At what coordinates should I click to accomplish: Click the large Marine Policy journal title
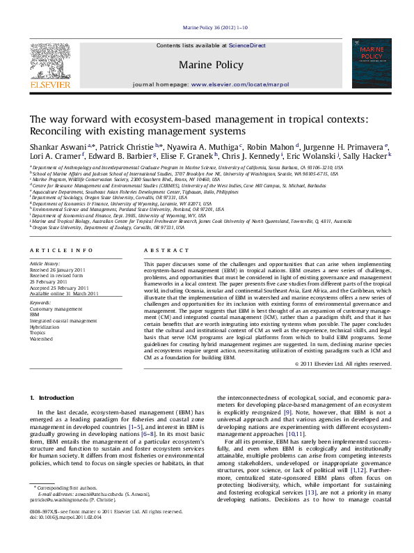pyautogui.click(x=212, y=65)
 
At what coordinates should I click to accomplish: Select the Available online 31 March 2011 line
pyautogui.click(x=64, y=293)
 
